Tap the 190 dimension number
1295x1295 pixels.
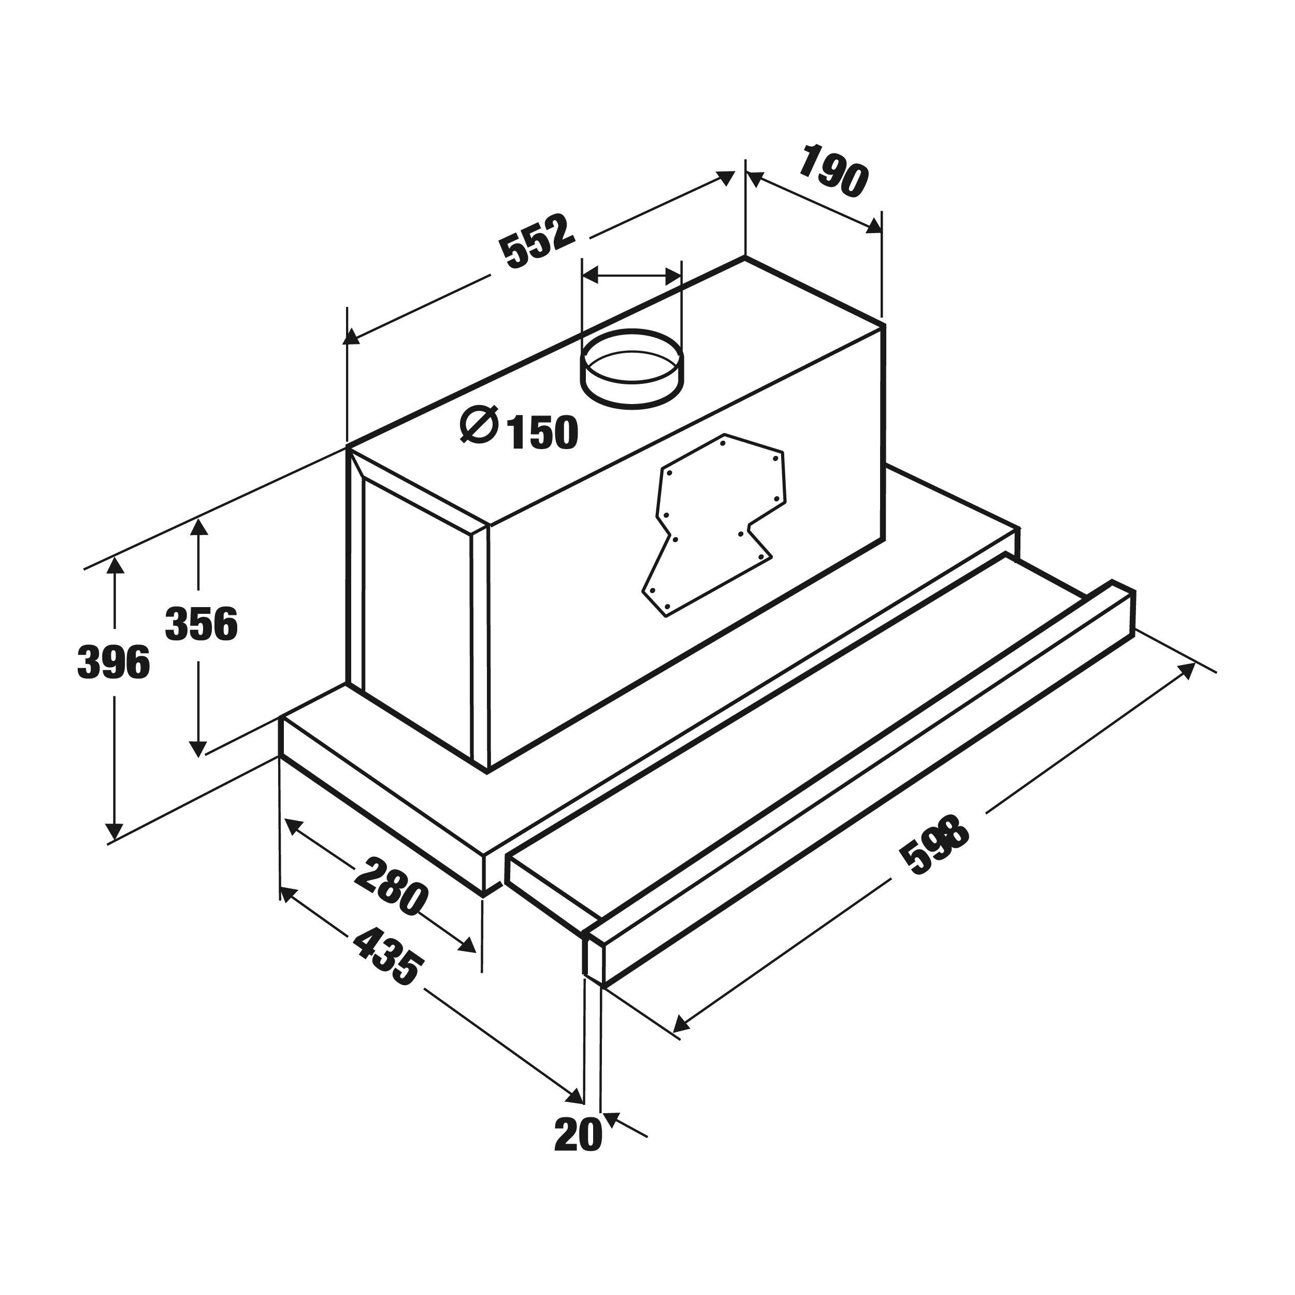click(x=832, y=170)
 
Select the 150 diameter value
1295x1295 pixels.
click(x=543, y=433)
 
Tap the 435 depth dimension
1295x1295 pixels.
click(x=388, y=958)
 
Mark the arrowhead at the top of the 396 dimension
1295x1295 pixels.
click(x=116, y=566)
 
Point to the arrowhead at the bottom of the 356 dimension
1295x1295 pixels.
click(x=198, y=748)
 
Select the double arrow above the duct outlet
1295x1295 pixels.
click(x=631, y=275)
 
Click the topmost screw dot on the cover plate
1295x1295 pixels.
click(x=723, y=443)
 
